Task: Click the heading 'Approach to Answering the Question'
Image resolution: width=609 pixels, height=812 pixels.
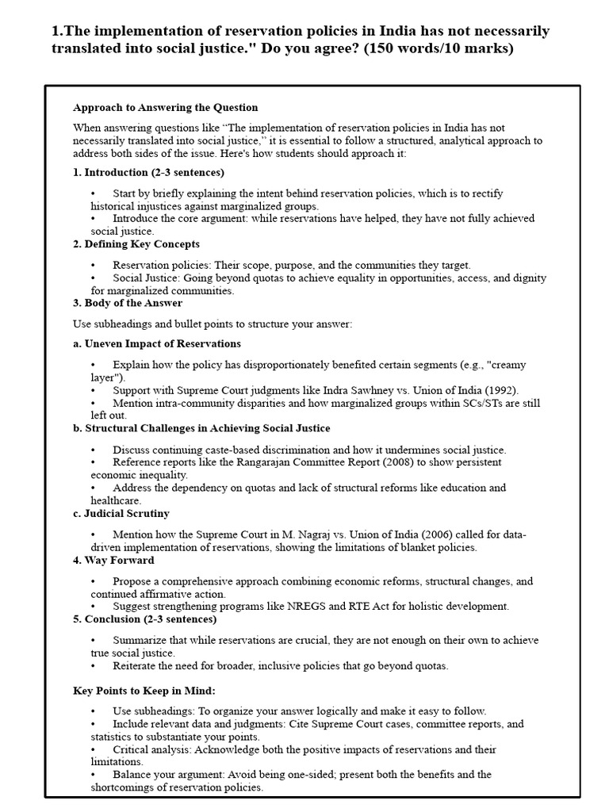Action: (x=165, y=107)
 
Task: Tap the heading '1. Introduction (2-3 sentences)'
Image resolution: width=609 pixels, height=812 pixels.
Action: (x=148, y=172)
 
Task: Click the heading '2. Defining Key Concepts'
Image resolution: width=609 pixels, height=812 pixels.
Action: (x=136, y=243)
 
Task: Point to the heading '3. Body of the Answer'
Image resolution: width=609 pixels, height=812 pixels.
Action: (x=128, y=303)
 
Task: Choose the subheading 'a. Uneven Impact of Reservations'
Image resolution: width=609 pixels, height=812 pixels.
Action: (x=157, y=343)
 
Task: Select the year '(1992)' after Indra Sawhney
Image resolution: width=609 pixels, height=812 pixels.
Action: (x=500, y=390)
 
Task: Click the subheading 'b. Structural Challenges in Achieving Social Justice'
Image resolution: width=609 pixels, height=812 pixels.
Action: (x=201, y=428)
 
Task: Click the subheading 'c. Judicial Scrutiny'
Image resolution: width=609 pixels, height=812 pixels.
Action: (x=121, y=513)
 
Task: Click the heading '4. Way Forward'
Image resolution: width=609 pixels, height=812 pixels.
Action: (x=113, y=560)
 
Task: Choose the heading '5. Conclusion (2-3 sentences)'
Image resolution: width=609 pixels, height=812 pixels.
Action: (x=146, y=619)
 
